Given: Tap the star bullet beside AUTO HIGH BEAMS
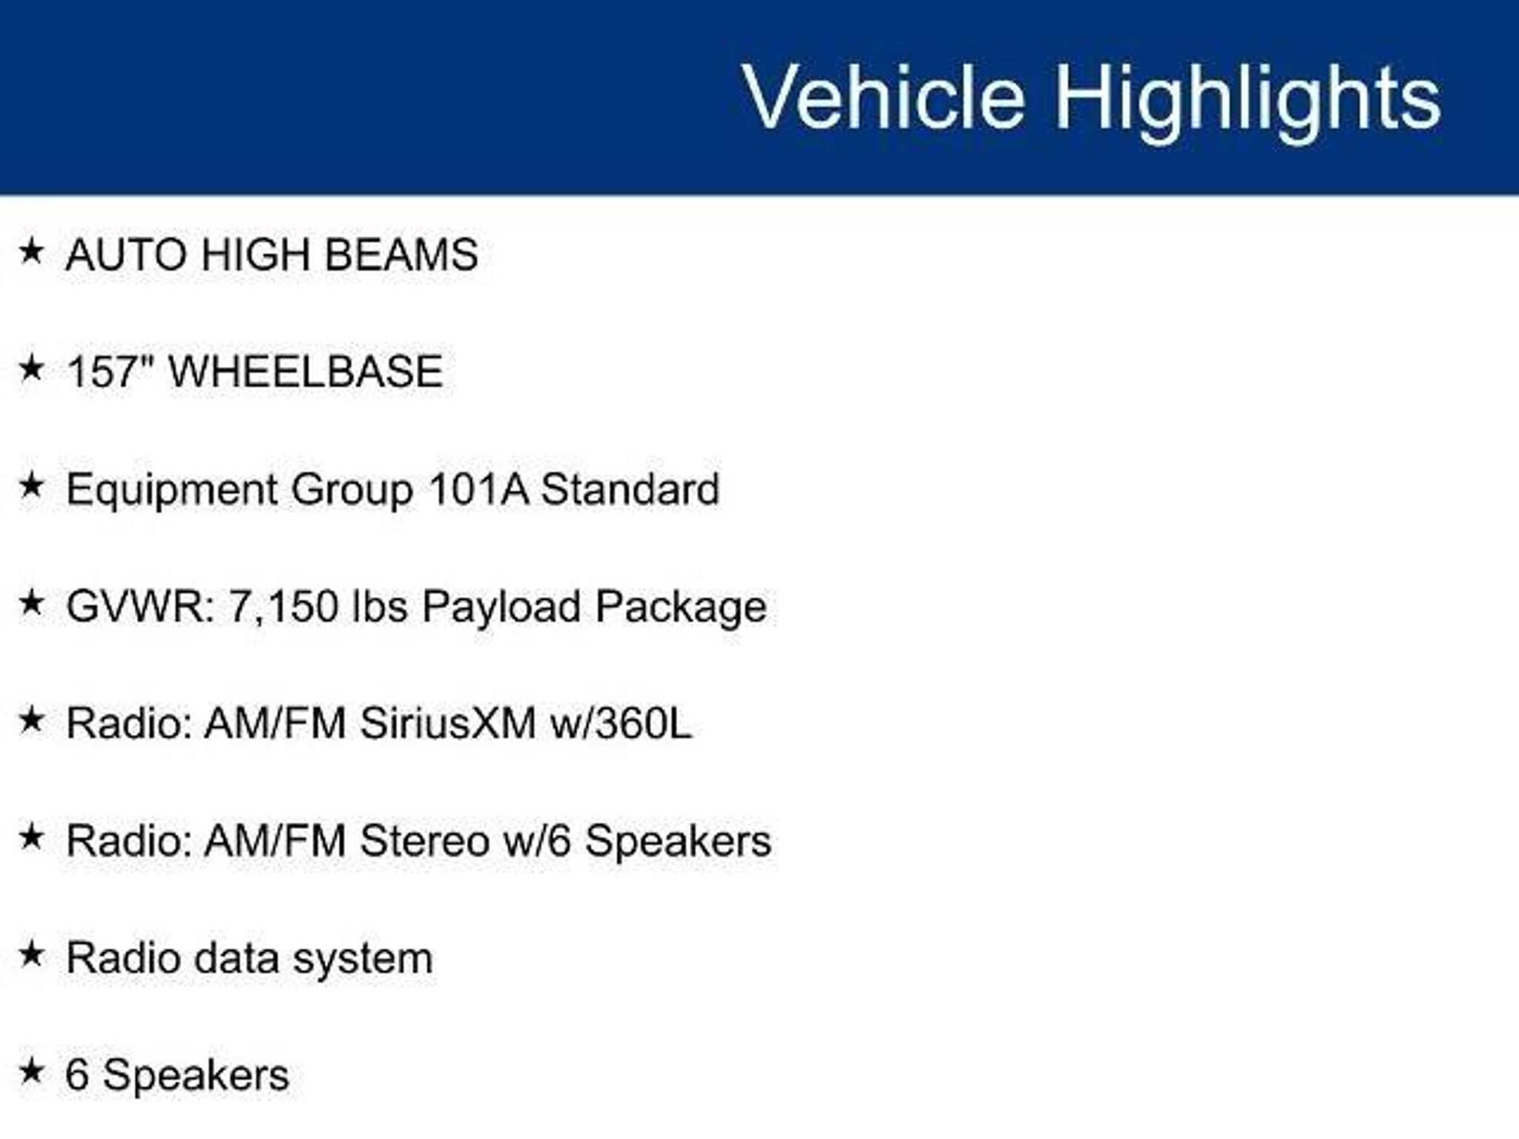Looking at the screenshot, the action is pos(31,251).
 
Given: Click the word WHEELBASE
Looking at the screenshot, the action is pos(306,372).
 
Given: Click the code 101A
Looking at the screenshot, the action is pos(478,489).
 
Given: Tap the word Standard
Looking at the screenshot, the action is pos(630,489).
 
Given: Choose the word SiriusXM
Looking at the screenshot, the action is pos(448,723).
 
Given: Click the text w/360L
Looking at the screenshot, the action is pos(621,723).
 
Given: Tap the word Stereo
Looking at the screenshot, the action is pos(425,841).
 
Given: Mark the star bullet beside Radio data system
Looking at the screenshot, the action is pos(31,954).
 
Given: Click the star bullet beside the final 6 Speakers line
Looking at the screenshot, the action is pos(31,1071).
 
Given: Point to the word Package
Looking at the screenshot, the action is pos(681,608).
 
